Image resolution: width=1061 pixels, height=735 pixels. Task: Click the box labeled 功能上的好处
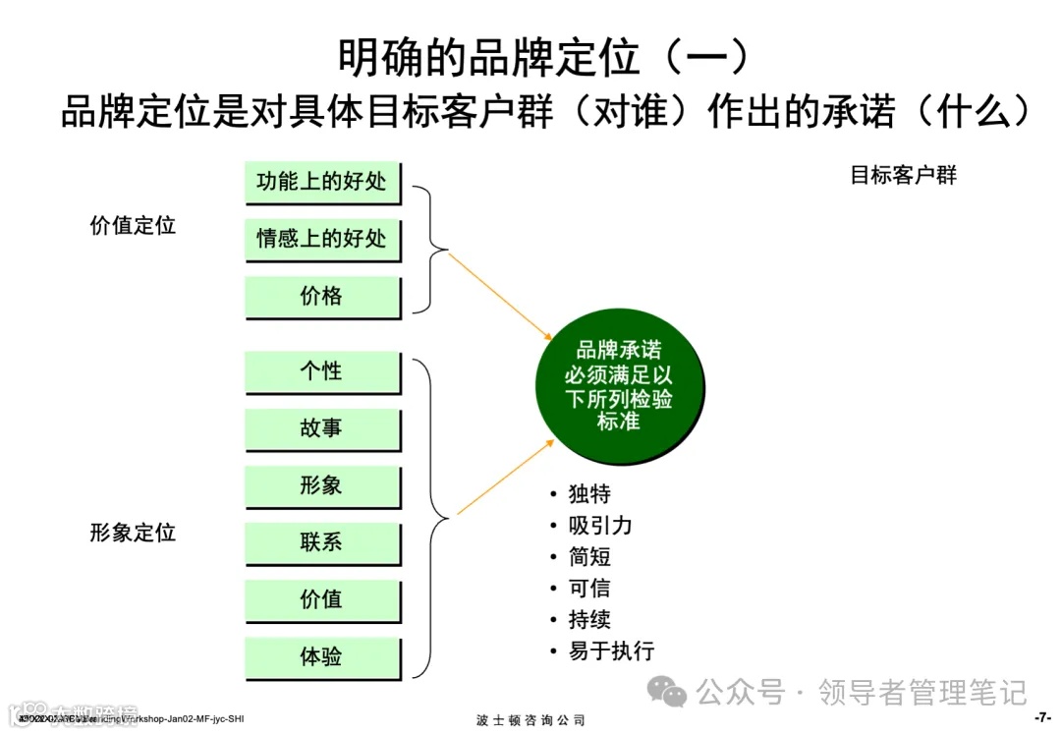[322, 182]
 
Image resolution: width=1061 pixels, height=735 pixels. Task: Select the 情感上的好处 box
[322, 239]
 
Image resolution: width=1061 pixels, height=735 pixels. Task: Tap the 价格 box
[322, 296]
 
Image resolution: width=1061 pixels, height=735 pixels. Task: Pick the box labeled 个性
[322, 371]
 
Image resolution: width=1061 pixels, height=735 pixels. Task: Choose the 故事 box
[322, 428]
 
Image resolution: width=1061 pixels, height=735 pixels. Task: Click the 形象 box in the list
[322, 485]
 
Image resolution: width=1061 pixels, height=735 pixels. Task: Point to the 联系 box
[322, 541]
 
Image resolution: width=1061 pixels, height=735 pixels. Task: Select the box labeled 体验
[322, 655]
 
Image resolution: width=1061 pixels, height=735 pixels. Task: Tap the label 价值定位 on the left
[133, 225]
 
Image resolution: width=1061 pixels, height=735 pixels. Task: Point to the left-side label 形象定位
[133, 533]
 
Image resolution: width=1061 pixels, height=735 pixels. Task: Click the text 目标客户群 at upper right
[903, 176]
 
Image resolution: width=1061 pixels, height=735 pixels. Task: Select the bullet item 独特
[589, 493]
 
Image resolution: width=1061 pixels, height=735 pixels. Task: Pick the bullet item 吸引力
[600, 525]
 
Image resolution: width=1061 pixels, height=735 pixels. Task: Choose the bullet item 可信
[589, 588]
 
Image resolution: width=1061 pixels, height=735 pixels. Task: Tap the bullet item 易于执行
[611, 650]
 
